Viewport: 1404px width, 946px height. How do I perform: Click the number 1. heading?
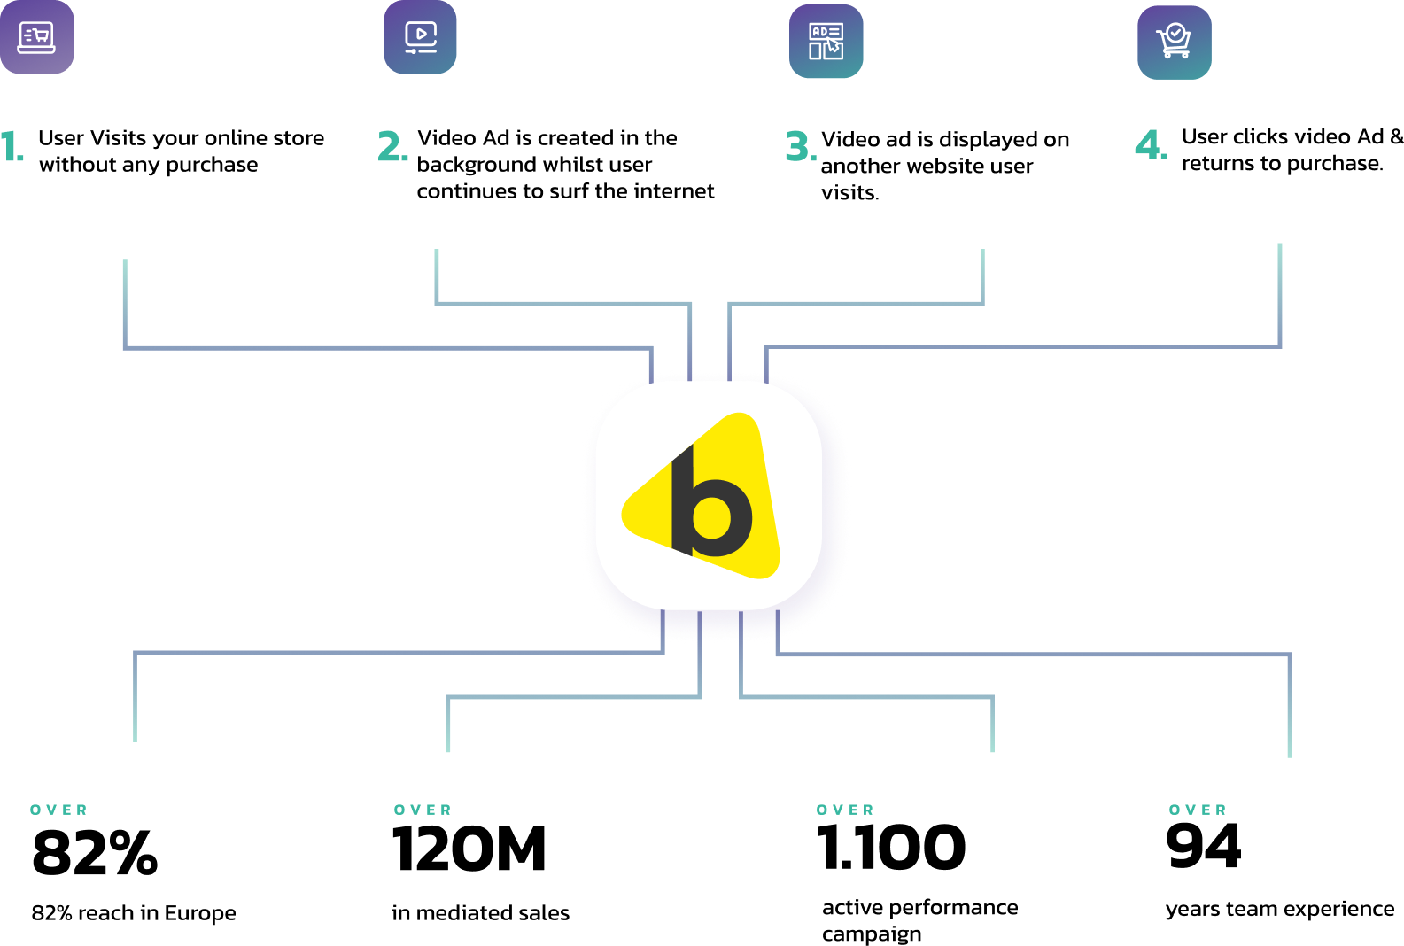[x=12, y=147]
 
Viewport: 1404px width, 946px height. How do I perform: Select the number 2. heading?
[x=393, y=147]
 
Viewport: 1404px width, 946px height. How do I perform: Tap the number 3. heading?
[x=801, y=147]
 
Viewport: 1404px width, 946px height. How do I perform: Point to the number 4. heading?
[x=1151, y=145]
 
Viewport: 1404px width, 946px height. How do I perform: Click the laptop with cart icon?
[x=36, y=37]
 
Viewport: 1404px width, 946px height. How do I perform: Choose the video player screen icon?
[x=420, y=37]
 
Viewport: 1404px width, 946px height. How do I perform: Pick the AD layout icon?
[x=826, y=42]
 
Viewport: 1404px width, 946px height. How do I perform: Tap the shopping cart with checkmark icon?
[x=1174, y=43]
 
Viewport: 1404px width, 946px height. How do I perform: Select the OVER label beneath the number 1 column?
[x=58, y=810]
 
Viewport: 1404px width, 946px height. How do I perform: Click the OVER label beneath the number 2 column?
[x=423, y=810]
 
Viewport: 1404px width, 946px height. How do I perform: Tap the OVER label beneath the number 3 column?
[x=845, y=810]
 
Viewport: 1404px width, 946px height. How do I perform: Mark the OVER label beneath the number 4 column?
[x=1198, y=810]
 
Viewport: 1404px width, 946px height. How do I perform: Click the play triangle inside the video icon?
[x=422, y=34]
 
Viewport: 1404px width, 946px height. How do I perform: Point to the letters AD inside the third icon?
[x=819, y=32]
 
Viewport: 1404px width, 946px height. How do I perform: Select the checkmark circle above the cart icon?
[x=1175, y=33]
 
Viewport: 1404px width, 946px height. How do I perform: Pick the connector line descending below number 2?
[x=437, y=275]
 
